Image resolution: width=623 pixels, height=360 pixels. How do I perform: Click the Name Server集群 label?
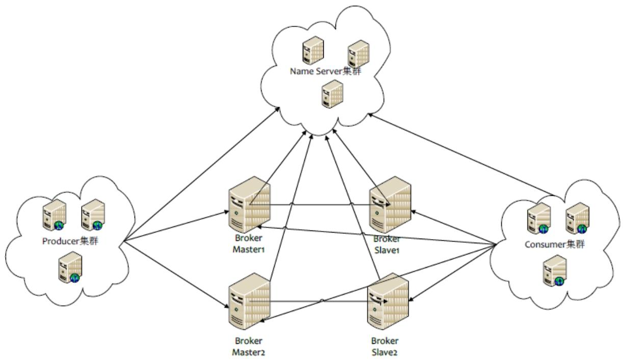click(x=325, y=71)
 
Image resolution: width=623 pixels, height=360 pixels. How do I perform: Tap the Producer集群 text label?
click(x=70, y=241)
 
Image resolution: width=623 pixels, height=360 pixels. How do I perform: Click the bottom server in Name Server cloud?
click(x=332, y=94)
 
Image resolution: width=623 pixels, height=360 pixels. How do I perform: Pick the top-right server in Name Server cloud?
click(x=358, y=53)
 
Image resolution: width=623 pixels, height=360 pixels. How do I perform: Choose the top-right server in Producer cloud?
click(x=93, y=215)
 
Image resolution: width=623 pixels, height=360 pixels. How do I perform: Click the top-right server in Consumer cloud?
click(x=577, y=217)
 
